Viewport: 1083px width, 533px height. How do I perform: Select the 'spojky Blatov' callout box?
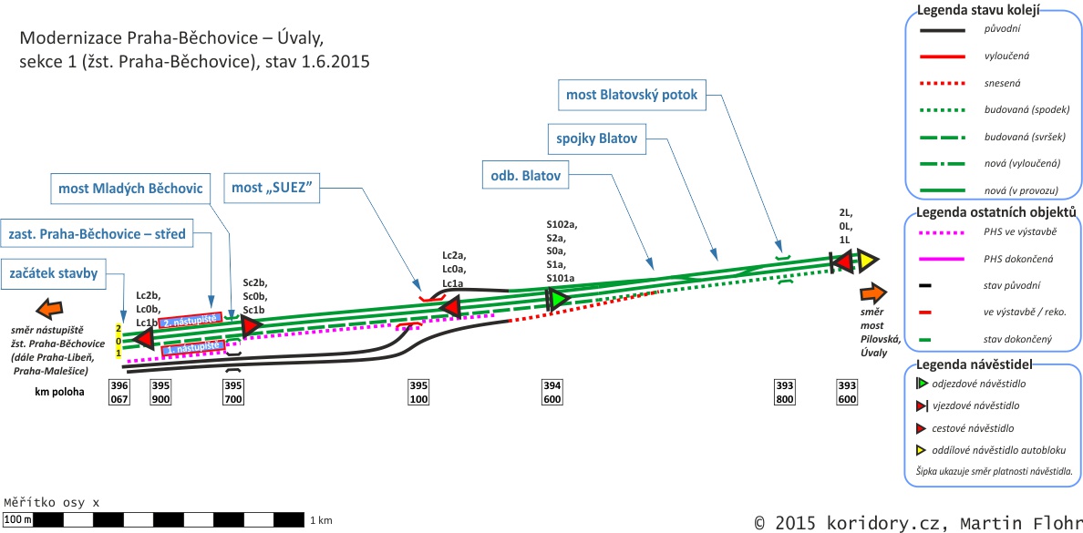coord(597,139)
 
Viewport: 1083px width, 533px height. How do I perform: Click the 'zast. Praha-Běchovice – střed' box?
coord(97,234)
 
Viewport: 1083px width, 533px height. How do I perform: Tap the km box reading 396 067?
coord(119,391)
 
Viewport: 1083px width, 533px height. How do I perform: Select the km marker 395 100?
coord(418,391)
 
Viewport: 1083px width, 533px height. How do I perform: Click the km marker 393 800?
coord(784,391)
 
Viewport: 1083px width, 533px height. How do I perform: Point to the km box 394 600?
coord(552,391)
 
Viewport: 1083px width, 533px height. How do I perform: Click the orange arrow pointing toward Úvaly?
coord(873,293)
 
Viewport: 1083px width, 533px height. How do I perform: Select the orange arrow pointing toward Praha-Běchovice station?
coord(49,307)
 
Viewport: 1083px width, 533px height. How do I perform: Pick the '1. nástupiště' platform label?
coord(192,347)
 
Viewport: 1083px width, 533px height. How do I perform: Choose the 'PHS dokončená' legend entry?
coord(1006,259)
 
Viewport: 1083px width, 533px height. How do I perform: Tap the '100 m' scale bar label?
coord(18,520)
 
